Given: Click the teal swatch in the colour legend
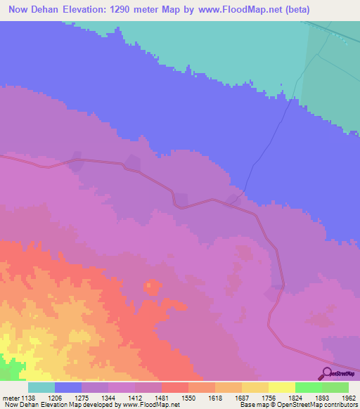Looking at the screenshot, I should click(41, 387).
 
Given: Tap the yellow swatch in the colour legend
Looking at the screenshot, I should click(281, 387).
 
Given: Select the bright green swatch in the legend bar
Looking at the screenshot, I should click(308, 387).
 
